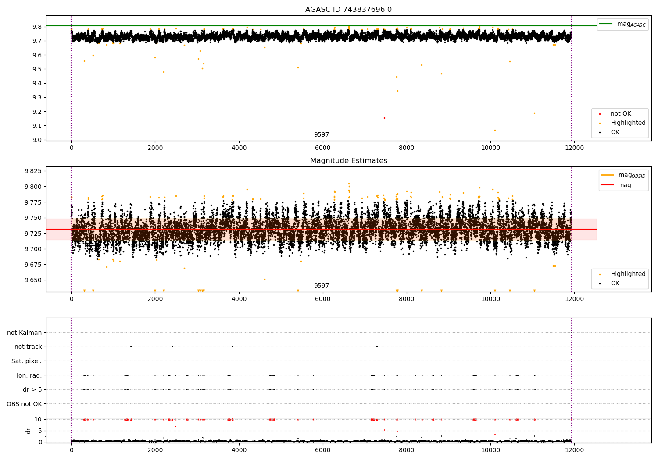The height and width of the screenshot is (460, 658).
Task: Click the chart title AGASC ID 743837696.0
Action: coord(348,10)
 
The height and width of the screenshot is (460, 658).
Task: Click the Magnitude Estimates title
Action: coord(348,161)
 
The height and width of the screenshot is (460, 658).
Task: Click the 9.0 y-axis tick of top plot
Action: coord(37,140)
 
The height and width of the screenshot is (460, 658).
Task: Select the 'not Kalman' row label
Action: coord(25,333)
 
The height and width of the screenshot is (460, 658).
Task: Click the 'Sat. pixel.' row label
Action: coord(26,361)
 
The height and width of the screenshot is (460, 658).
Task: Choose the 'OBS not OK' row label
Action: coord(24,404)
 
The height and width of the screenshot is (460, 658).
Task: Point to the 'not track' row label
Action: coord(28,347)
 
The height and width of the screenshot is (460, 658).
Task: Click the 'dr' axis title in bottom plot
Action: coord(29,431)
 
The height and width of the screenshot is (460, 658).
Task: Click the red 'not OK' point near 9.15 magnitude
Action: coord(384,118)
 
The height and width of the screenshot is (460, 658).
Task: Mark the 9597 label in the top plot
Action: coord(321,135)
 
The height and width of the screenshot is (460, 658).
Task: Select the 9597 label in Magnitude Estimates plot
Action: coord(321,286)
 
